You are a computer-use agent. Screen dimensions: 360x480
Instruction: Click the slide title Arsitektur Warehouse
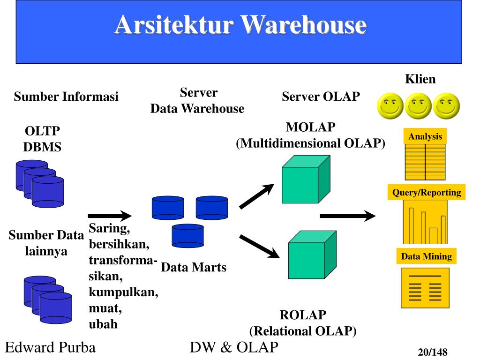(240, 25)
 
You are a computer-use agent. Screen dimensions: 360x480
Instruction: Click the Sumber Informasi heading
(66, 97)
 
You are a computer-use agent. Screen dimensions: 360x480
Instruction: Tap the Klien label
(420, 79)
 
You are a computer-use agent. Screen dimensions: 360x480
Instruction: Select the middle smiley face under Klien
(419, 106)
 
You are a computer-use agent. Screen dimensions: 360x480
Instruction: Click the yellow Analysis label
(425, 137)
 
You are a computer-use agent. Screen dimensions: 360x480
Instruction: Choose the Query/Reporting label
(427, 193)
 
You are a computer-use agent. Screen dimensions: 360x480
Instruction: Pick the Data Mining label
(426, 256)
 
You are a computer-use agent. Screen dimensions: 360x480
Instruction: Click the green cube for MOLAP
(305, 180)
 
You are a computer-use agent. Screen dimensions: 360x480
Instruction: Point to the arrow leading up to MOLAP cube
(256, 196)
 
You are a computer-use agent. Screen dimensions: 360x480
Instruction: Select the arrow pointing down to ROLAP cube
(259, 246)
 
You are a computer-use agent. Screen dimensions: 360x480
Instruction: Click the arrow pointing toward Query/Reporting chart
(347, 216)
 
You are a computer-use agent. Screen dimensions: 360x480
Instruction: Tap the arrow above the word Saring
(110, 216)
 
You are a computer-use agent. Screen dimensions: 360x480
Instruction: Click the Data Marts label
(193, 268)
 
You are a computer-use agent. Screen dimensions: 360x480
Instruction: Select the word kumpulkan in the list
(123, 292)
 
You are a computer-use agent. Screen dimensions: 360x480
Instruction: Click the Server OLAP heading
(321, 97)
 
